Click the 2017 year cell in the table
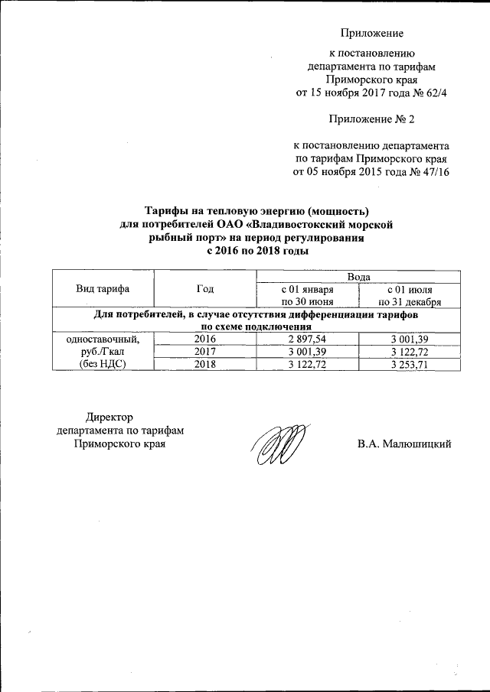(x=205, y=352)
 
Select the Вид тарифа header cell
(x=102, y=288)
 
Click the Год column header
(x=205, y=288)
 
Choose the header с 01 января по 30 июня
(x=307, y=295)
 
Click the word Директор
(x=109, y=417)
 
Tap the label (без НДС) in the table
(x=102, y=365)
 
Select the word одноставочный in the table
(x=102, y=339)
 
